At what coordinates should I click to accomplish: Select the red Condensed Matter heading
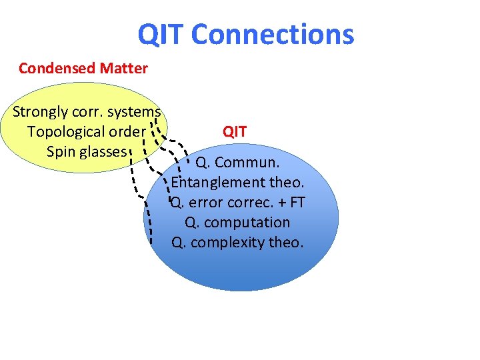click(x=83, y=68)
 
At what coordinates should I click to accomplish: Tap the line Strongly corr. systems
click(x=87, y=112)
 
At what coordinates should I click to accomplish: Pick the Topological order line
click(x=86, y=132)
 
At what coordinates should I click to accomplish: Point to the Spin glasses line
click(x=87, y=152)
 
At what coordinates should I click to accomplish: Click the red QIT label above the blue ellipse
click(x=235, y=132)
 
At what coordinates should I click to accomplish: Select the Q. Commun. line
click(x=237, y=163)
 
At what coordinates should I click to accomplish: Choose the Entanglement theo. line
click(x=237, y=183)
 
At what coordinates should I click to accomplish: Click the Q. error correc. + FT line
click(x=237, y=203)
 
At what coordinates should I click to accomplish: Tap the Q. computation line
click(x=237, y=223)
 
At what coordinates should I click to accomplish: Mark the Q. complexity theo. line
click(x=237, y=243)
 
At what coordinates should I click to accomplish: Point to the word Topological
click(x=66, y=132)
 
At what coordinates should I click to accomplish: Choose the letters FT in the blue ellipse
click(x=296, y=203)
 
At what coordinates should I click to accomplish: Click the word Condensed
click(x=57, y=68)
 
